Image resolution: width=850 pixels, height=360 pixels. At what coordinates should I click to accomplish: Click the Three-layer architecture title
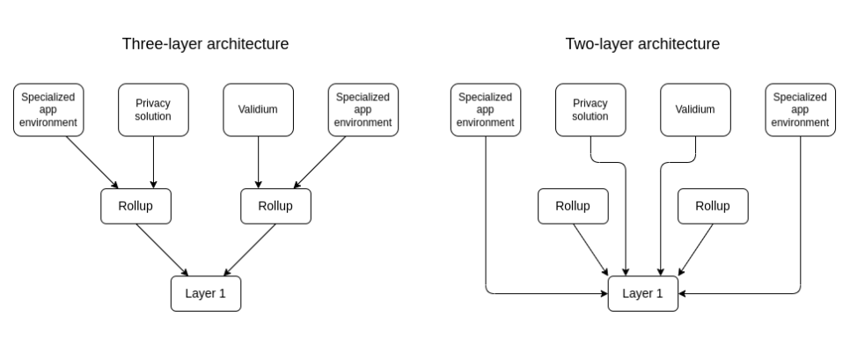point(205,44)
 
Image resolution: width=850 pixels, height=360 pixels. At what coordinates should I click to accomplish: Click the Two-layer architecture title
point(642,44)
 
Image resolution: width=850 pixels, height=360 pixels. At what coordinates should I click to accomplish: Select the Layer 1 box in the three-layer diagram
point(206,294)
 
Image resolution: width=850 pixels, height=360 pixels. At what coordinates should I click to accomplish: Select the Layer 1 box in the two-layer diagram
point(643,294)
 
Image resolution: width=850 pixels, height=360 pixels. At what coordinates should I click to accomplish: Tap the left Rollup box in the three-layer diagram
point(136,206)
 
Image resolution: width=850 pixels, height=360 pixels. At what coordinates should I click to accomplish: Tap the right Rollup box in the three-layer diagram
point(276,206)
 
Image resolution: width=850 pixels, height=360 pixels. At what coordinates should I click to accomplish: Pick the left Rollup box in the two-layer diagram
point(573,206)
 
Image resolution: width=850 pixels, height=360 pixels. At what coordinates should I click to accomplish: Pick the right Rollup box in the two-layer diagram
point(713,206)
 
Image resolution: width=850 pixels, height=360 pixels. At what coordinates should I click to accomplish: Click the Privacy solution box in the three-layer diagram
point(153,109)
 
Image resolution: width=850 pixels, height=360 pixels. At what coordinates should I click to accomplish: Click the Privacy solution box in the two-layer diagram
point(590,109)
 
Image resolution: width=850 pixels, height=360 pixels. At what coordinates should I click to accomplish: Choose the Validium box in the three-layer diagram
point(258,109)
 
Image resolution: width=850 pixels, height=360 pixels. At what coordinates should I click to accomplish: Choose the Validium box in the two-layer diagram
point(695,109)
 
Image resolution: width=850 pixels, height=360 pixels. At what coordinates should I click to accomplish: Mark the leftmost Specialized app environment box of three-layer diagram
point(48,109)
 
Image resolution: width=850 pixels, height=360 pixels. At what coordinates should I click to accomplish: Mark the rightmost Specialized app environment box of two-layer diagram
point(800,109)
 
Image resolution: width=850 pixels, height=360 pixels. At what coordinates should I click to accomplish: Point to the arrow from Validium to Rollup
point(258,162)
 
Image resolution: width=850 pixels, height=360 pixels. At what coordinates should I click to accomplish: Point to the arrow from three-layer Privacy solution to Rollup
point(153,162)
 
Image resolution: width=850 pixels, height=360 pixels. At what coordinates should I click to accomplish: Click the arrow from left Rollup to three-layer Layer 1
point(162,250)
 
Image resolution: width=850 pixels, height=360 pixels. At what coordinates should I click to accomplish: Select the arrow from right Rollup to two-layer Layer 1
point(695,250)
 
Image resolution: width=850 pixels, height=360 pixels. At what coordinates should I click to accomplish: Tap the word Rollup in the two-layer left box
point(573,206)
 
